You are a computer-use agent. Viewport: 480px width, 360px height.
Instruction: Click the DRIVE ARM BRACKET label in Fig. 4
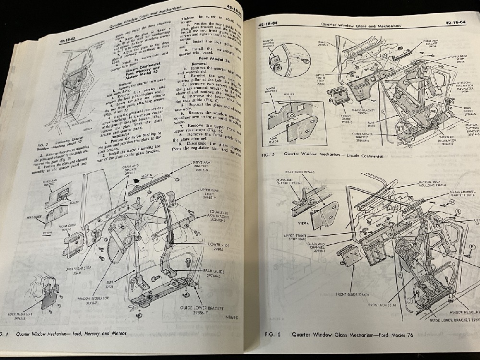point(208,166)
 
